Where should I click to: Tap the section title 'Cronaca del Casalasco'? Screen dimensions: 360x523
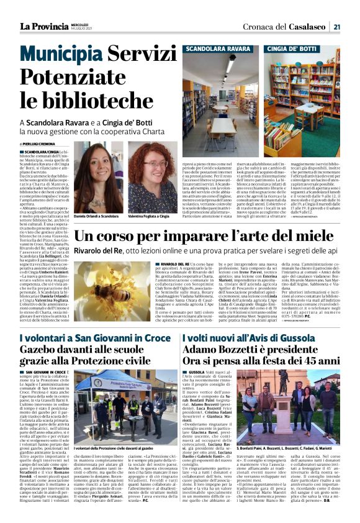click(x=295, y=26)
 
